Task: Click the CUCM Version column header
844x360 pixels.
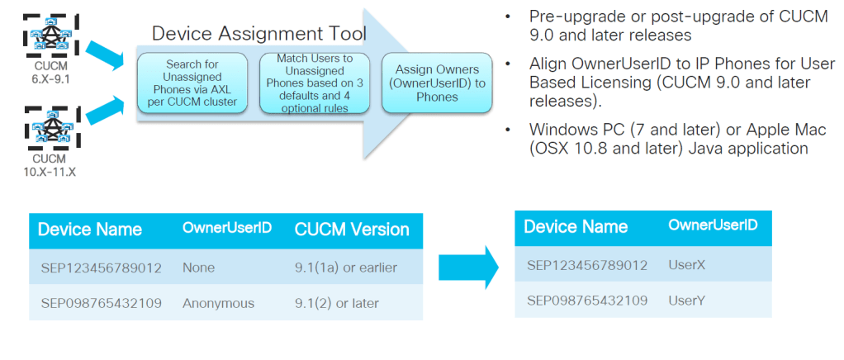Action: click(x=352, y=230)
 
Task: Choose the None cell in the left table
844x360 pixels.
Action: click(x=198, y=268)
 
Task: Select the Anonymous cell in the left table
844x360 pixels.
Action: click(x=218, y=303)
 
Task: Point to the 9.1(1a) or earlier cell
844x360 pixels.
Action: click(x=346, y=268)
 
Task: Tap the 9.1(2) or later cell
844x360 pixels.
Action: click(x=337, y=303)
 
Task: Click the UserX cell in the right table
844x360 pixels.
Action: click(x=687, y=264)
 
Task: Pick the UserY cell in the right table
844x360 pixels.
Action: click(x=687, y=301)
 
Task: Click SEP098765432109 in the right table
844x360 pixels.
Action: click(x=587, y=301)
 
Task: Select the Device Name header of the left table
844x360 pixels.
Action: click(x=90, y=230)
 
